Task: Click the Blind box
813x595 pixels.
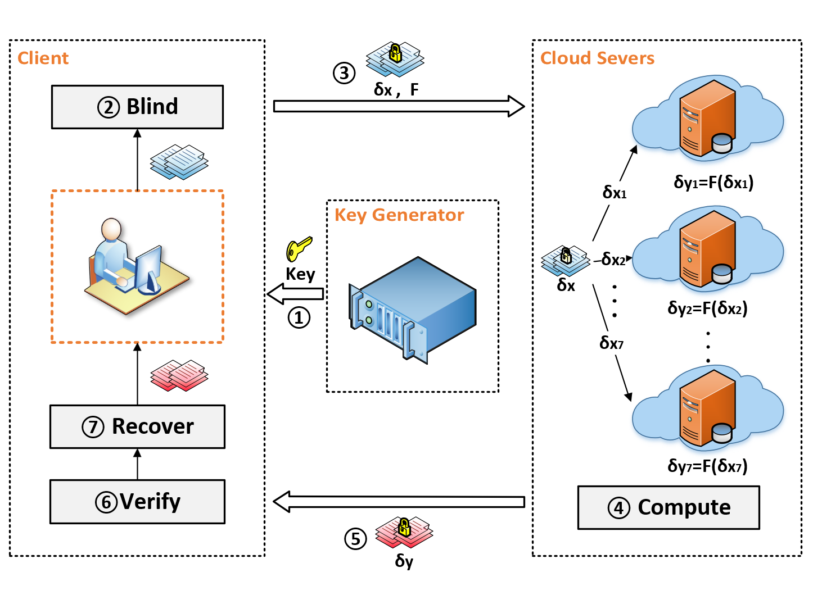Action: pyautogui.click(x=137, y=107)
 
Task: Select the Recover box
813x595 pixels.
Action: pyautogui.click(x=137, y=426)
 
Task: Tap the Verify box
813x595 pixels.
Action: pyautogui.click(x=137, y=501)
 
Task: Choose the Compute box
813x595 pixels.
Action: pyautogui.click(x=669, y=507)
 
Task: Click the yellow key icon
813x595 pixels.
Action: pyautogui.click(x=299, y=249)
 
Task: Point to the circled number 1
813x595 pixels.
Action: pyautogui.click(x=299, y=317)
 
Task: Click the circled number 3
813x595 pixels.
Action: pyautogui.click(x=344, y=73)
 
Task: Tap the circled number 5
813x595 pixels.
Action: pyautogui.click(x=355, y=539)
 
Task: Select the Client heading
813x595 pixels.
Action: pyautogui.click(x=43, y=58)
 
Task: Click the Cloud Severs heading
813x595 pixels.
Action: pyautogui.click(x=597, y=58)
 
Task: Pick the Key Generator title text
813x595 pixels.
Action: pyautogui.click(x=399, y=215)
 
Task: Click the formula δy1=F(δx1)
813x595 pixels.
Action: pyautogui.click(x=713, y=182)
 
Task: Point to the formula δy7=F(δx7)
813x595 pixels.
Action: pyautogui.click(x=707, y=466)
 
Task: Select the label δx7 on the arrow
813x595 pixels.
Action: pyautogui.click(x=611, y=343)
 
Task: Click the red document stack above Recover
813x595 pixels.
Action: pyautogui.click(x=179, y=375)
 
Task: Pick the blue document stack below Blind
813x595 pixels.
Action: pyautogui.click(x=179, y=162)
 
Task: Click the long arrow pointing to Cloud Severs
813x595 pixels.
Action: pyautogui.click(x=399, y=106)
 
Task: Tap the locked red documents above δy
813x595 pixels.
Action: pyautogui.click(x=404, y=532)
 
